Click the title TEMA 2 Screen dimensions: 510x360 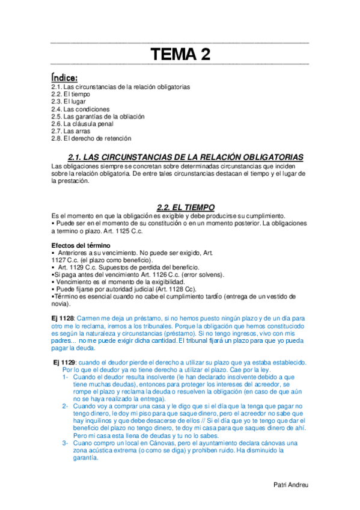click(x=180, y=55)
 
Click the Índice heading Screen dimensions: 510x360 click(x=64, y=78)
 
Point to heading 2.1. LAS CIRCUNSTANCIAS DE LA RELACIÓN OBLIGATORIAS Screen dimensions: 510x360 click(x=186, y=157)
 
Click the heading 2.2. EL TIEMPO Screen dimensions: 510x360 click(x=181, y=207)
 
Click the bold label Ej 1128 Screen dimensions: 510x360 click(x=63, y=317)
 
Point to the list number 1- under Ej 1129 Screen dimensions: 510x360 click(x=66, y=376)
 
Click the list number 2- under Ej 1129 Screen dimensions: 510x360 click(x=66, y=406)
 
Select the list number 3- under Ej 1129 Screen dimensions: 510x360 click(x=66, y=443)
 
